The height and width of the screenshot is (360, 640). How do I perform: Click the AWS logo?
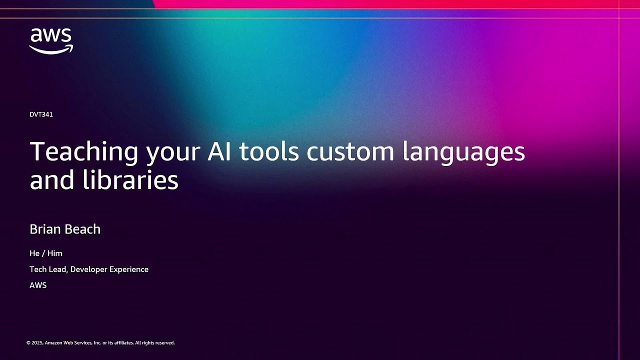pyautogui.click(x=51, y=41)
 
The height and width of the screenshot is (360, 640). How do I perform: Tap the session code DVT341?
pyautogui.click(x=41, y=114)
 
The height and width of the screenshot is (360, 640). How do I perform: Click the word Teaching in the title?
pyautogui.click(x=84, y=152)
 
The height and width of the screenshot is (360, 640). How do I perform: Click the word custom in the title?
pyautogui.click(x=350, y=151)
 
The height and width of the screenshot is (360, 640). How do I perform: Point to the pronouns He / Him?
pyautogui.click(x=46, y=253)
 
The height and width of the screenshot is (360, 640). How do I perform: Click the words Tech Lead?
pyautogui.click(x=48, y=269)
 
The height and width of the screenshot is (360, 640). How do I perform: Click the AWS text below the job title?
pyautogui.click(x=38, y=285)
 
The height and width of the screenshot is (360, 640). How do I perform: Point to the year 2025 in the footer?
pyautogui.click(x=37, y=343)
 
